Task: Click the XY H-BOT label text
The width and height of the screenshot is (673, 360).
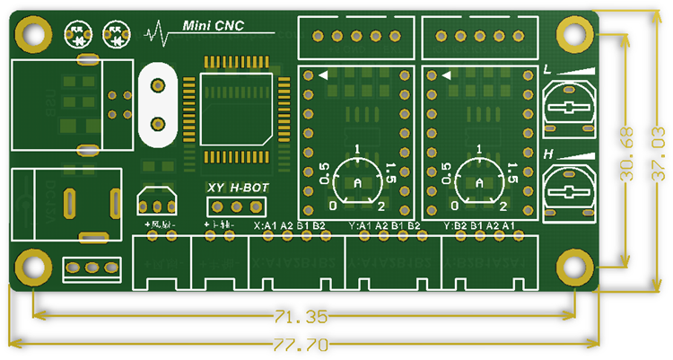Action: (x=237, y=188)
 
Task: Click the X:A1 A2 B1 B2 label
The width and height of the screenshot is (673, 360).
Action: (x=290, y=225)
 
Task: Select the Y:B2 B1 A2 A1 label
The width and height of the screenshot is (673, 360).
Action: (x=479, y=225)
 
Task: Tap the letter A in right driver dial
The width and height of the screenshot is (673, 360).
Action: (x=479, y=183)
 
